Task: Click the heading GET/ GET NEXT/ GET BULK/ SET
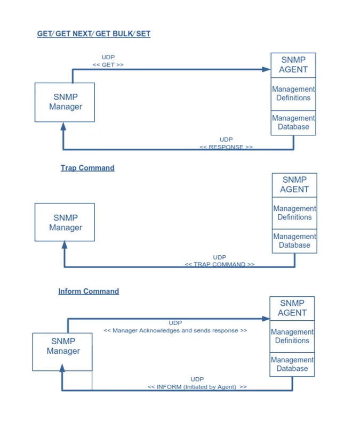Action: point(93,34)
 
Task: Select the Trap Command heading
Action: point(87,168)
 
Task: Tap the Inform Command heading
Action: point(89,291)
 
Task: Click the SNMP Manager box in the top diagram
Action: point(65,102)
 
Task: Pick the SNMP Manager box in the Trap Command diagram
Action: point(65,223)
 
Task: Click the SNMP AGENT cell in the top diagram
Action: point(293,65)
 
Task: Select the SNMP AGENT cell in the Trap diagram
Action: point(294,185)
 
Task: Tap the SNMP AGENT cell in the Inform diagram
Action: point(292,309)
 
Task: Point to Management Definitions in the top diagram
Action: point(293,94)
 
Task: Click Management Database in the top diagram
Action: point(293,123)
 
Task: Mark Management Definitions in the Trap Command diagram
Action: point(294,213)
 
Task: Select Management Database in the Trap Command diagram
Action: point(294,241)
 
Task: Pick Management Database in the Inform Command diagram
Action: point(292,364)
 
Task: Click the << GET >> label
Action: point(108,64)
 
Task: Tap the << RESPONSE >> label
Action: point(226,147)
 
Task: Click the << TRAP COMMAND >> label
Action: point(219,264)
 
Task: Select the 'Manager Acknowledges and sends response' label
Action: point(175,330)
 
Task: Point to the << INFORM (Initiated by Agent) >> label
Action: point(197,387)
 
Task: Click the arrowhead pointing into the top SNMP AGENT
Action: point(267,69)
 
